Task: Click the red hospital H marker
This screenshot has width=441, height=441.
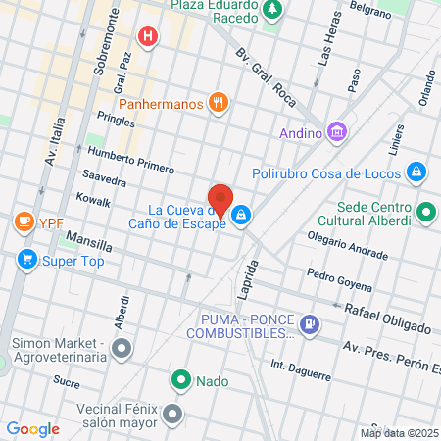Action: (148, 38)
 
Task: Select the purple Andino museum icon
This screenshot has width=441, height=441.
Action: (337, 130)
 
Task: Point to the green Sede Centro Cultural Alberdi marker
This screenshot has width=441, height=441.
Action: (426, 210)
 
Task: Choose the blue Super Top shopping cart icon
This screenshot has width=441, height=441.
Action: (26, 260)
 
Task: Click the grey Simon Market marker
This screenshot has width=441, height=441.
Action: (122, 348)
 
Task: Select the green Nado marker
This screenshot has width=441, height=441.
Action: (181, 380)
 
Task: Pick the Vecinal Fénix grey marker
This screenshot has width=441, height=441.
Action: (173, 413)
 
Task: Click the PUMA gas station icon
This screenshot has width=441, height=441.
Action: (309, 322)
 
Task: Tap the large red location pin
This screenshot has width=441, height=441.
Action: (220, 201)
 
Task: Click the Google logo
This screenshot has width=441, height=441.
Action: (32, 428)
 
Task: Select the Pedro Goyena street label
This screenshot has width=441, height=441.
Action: (339, 279)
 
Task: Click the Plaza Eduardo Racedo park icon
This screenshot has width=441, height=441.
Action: (272, 11)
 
